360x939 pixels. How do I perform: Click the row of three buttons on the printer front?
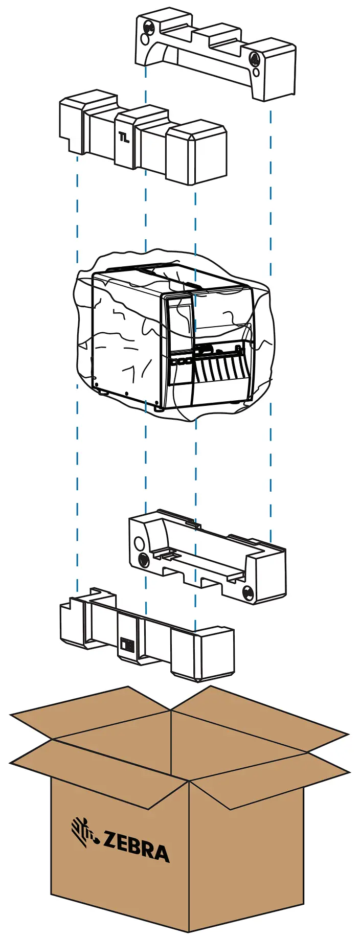tap(182, 361)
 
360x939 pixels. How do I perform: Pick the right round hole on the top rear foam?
tap(254, 59)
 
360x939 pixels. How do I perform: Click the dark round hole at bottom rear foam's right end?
tap(248, 593)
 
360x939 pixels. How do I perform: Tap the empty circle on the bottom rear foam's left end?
tap(139, 543)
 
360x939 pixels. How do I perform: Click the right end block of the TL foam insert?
tap(198, 153)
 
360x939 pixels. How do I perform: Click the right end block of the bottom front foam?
tap(205, 653)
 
